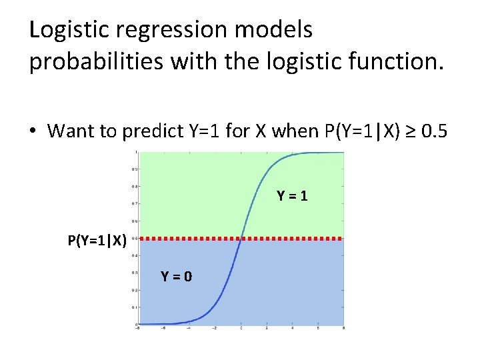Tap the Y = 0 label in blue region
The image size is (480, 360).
(177, 276)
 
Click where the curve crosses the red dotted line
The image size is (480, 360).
(241, 238)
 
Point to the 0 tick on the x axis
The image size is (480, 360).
(241, 328)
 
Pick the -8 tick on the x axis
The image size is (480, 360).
(138, 328)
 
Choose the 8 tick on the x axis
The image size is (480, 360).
(343, 328)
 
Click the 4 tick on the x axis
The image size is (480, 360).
(292, 328)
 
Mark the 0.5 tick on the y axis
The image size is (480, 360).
(135, 238)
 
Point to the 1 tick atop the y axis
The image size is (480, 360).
(136, 152)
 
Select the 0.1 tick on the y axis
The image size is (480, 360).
(135, 307)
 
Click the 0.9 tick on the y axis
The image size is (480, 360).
(135, 169)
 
